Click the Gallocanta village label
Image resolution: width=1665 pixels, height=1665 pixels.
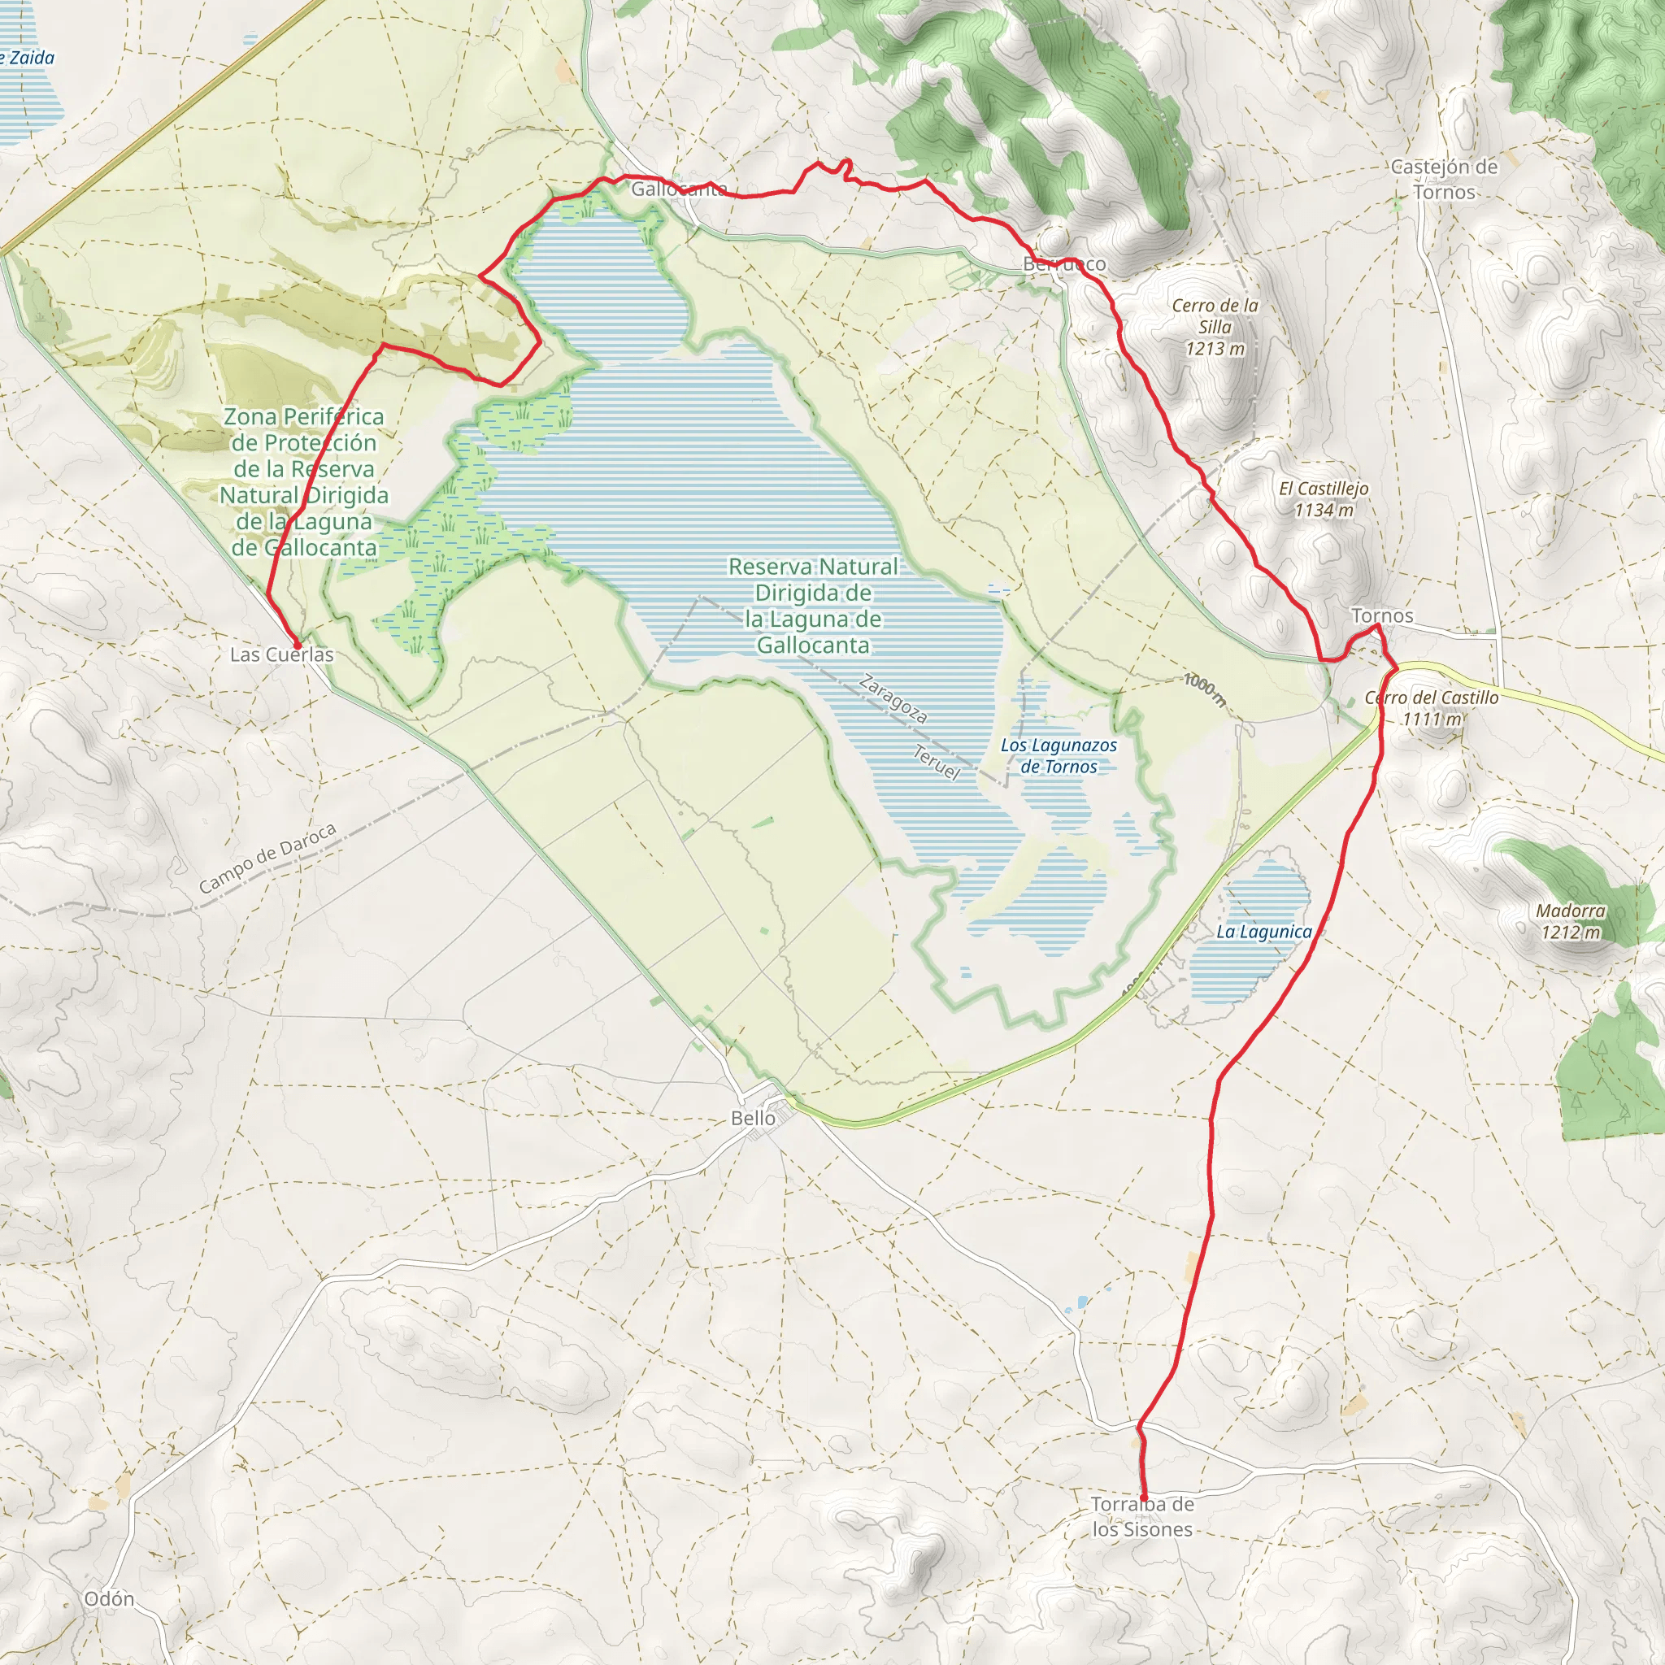678,189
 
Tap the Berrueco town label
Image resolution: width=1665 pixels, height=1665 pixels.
1064,264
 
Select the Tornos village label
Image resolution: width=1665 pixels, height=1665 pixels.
1382,615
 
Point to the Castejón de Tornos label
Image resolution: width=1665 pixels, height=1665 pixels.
1445,179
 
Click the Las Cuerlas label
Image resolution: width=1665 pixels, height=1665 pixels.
282,655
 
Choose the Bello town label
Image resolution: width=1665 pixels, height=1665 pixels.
753,1118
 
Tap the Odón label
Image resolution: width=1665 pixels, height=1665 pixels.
110,1599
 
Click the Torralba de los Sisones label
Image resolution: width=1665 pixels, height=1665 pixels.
1142,1517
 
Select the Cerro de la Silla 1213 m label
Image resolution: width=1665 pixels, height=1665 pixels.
1215,327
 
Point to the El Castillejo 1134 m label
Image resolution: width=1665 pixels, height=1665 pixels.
1324,499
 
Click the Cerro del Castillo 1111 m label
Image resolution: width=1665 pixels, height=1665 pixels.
1432,707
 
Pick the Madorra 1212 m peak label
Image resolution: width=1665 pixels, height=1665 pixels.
1571,921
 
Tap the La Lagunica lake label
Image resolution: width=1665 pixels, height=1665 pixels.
1263,932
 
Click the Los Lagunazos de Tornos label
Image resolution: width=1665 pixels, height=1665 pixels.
1059,756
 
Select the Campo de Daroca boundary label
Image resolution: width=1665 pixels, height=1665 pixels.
267,859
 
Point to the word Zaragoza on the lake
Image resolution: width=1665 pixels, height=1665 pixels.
893,699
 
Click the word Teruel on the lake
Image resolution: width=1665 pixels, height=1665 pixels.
936,763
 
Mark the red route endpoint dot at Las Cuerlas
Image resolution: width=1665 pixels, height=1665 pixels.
298,645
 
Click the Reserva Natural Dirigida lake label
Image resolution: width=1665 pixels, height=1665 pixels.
813,606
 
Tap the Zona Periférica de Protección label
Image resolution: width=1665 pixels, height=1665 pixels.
304,482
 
